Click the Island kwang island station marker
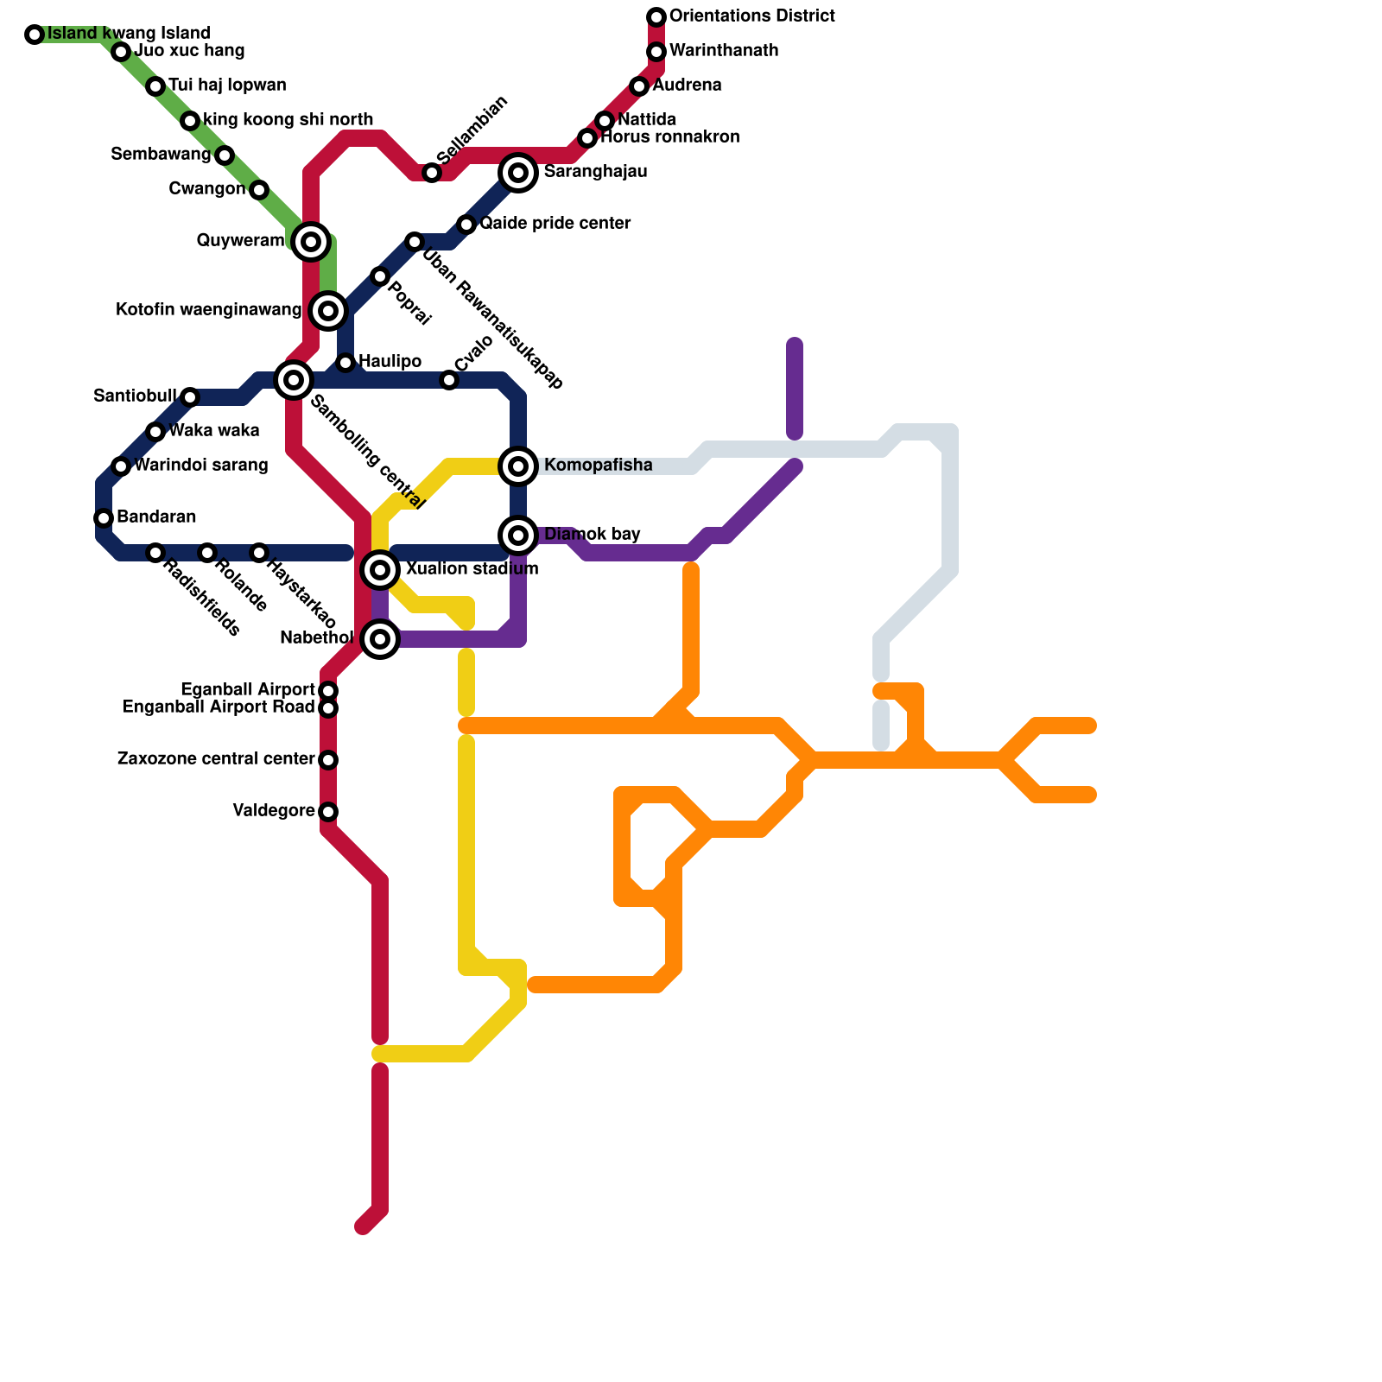tap(35, 35)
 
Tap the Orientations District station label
tap(751, 16)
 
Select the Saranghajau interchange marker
tap(518, 173)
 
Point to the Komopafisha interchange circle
tap(518, 466)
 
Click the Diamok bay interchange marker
tap(518, 536)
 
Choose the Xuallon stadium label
tap(472, 569)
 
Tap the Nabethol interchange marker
tap(380, 639)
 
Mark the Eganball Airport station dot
tap(328, 691)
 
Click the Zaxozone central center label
tap(215, 759)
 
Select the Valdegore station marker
tap(328, 812)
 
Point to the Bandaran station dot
tap(104, 518)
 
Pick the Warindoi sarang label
tap(200, 466)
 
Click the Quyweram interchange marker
tap(311, 242)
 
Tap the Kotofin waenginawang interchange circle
tap(328, 311)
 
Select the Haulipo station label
tap(390, 361)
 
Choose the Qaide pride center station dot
tap(466, 225)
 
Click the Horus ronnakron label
tap(670, 137)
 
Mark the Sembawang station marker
tap(225, 155)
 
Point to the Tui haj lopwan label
tap(227, 86)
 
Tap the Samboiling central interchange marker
tap(294, 380)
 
